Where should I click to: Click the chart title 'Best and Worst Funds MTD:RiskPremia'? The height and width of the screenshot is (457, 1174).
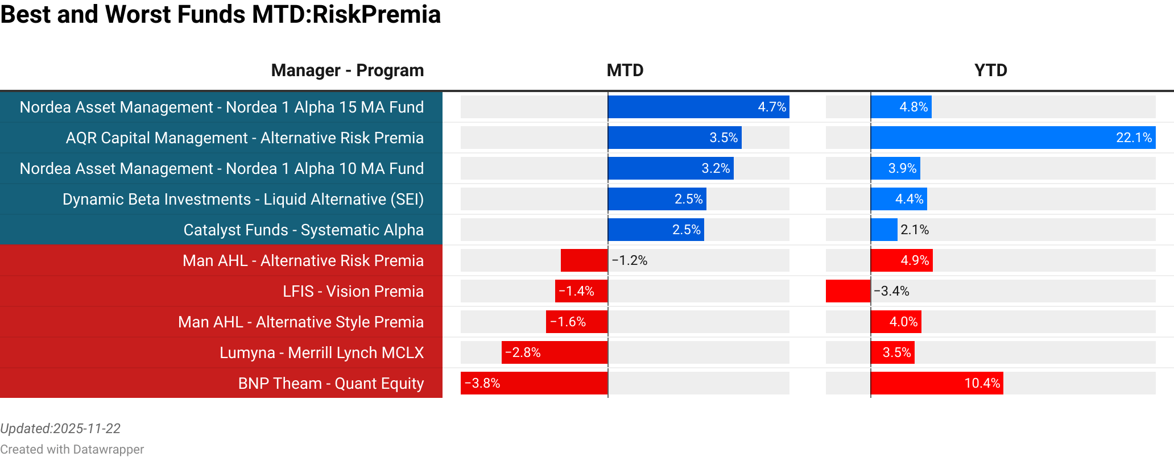(221, 15)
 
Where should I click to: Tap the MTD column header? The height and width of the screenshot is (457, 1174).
(625, 70)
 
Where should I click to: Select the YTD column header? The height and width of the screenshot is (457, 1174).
(990, 70)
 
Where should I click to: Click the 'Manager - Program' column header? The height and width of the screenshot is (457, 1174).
(347, 70)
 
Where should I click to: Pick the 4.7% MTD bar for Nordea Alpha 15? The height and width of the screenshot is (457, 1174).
(698, 107)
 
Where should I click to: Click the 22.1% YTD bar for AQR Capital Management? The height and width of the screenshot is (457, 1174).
(1012, 138)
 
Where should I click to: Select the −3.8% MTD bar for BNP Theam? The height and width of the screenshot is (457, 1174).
(534, 383)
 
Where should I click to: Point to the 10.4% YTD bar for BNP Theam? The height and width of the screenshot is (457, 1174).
(936, 383)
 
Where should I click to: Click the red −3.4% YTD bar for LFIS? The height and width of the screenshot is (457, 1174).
(848, 291)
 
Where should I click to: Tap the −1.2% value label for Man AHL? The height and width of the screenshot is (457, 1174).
(630, 260)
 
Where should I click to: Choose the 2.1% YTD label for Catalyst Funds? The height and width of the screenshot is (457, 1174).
(914, 230)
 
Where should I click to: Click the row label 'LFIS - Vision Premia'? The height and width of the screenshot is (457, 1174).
(353, 291)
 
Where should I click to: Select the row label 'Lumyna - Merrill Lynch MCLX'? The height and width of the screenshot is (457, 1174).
(321, 352)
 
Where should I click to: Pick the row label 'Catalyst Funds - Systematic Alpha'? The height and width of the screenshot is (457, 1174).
(303, 230)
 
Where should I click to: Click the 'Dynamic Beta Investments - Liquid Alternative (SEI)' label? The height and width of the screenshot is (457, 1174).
(243, 199)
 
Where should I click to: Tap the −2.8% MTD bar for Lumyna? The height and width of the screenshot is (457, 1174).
(555, 352)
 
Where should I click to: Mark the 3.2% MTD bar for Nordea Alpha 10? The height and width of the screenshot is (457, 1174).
(671, 168)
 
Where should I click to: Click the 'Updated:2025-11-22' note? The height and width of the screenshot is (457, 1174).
(60, 429)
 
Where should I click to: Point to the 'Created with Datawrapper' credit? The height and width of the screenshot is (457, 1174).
(72, 449)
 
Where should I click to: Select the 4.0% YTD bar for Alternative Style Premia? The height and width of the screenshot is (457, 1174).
(896, 322)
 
